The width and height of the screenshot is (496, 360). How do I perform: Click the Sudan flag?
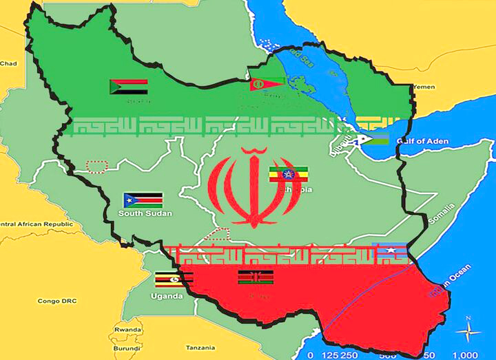click(x=128, y=87)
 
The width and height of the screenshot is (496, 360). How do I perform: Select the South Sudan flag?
click(x=143, y=200)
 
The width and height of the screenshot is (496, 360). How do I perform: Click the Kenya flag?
click(x=255, y=277)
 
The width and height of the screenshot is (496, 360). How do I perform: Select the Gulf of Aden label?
click(x=422, y=141)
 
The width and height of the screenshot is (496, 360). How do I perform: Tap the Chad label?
click(x=8, y=63)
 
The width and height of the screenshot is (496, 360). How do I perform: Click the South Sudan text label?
click(x=145, y=213)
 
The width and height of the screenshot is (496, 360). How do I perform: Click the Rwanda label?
click(x=127, y=329)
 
